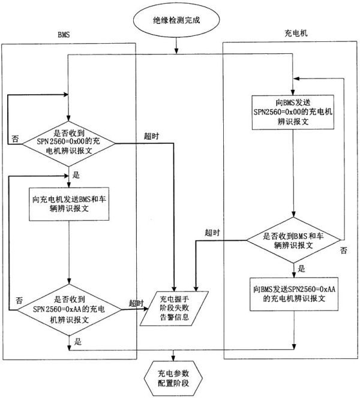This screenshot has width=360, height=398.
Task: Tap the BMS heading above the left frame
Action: pos(64,35)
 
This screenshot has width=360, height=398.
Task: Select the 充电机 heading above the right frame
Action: pos(296,33)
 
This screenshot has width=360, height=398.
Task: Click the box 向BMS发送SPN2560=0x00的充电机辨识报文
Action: pos(293,112)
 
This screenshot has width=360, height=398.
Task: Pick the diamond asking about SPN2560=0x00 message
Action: pos(68,143)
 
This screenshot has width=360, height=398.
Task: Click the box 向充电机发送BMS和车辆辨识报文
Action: pos(69,204)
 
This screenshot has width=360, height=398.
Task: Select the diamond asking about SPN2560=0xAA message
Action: pos(69,310)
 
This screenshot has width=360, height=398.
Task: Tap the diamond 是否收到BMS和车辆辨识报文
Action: pos(293,240)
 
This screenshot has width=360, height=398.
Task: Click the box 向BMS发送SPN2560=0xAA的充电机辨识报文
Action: pos(294,294)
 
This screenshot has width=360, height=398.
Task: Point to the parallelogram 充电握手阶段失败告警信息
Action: pos(174,309)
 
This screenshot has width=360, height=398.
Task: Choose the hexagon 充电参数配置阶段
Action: pos(173,378)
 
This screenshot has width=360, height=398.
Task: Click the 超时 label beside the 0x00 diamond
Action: pos(151,136)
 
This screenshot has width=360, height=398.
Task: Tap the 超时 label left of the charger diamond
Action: pos(212,233)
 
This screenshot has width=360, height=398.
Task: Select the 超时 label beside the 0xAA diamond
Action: pos(136,303)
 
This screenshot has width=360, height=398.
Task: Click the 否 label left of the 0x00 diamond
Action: pos(15,138)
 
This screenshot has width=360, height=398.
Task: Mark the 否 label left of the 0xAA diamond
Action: pos(19,300)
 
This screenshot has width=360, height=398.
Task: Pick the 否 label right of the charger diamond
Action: pos(343,251)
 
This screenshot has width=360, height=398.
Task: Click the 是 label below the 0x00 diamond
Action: pos(76,175)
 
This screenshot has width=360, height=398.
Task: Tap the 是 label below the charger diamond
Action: pos(301,269)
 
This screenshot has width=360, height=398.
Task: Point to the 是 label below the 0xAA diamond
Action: pos(78,342)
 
